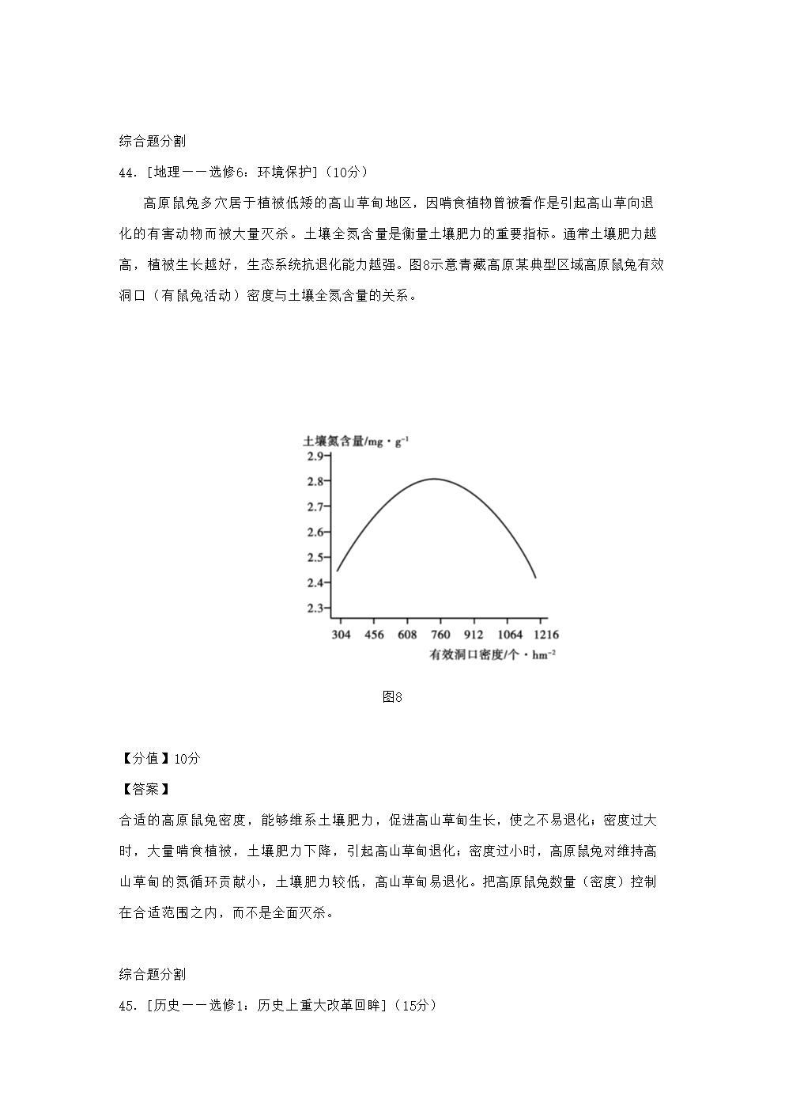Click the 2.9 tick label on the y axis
coord(314,457)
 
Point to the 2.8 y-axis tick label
coord(314,482)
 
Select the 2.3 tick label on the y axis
coord(314,608)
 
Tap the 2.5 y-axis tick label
coord(314,557)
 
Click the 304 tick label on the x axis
coord(341,635)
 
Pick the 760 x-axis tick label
coord(440,635)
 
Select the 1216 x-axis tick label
coord(544,635)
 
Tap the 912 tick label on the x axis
coord(474,635)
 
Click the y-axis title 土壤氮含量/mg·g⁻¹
coord(356,442)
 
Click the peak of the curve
coord(434,479)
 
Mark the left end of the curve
coord(338,571)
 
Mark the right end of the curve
coord(536,578)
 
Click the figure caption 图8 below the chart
coord(392,697)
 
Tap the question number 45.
coord(128,1006)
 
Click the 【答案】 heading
coord(145,789)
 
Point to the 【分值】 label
coord(145,758)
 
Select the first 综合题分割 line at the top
coord(153,142)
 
